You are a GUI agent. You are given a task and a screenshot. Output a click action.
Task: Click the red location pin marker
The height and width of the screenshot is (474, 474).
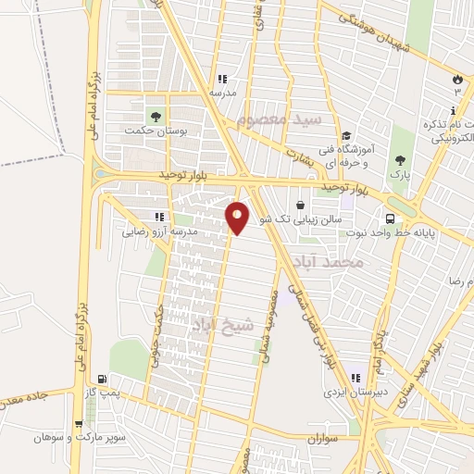[238, 218]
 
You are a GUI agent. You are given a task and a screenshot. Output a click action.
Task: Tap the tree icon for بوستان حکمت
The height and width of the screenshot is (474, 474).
[156, 116]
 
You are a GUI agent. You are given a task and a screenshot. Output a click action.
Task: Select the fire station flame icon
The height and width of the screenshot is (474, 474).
[457, 78]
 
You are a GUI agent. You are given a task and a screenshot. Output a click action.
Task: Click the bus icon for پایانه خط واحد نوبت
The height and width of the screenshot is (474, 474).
[392, 218]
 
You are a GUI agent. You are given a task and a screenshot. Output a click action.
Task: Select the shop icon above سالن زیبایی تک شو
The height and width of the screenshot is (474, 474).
[301, 206]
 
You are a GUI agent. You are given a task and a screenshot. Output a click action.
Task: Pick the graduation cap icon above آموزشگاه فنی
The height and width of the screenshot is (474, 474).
[344, 135]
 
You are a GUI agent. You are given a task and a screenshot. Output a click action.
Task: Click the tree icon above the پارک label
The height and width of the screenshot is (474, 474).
[400, 158]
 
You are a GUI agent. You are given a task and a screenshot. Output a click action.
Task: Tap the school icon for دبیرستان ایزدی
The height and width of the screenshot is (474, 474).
[355, 378]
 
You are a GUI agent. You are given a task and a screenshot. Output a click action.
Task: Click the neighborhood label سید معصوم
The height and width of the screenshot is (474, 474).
[278, 120]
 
